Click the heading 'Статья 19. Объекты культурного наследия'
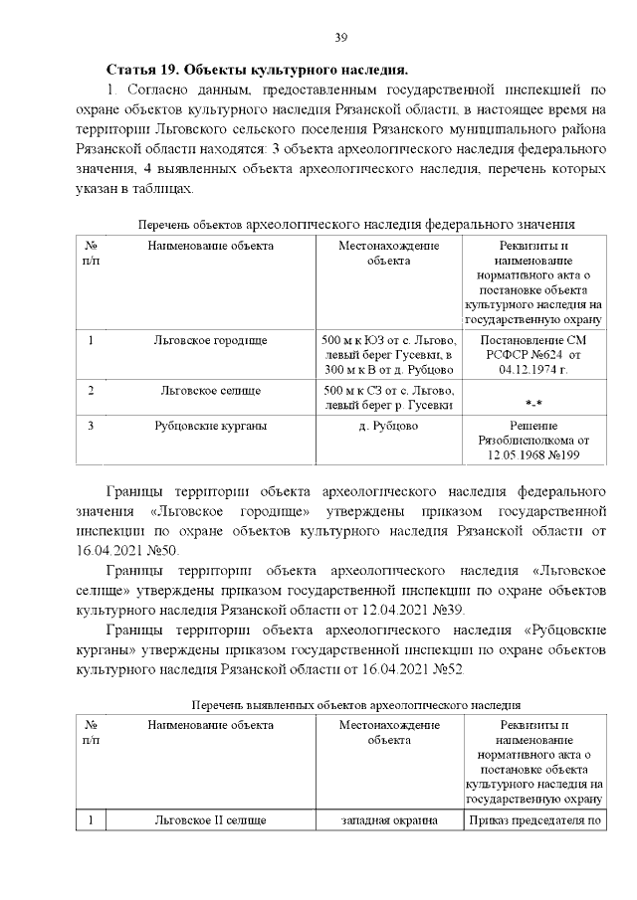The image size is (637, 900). pyautogui.click(x=257, y=70)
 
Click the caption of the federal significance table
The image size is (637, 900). pyautogui.click(x=357, y=225)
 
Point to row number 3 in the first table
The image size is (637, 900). pyautogui.click(x=91, y=426)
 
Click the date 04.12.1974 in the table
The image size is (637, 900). pyautogui.click(x=532, y=369)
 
